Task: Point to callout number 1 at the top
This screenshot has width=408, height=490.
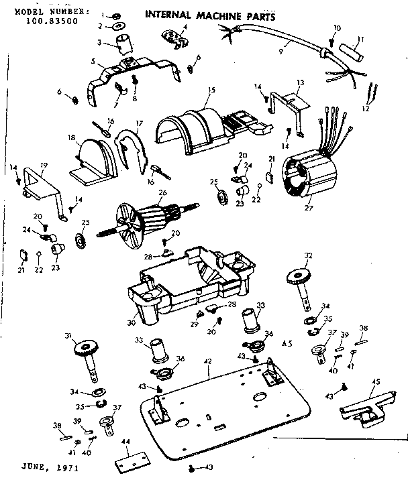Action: point(103,13)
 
